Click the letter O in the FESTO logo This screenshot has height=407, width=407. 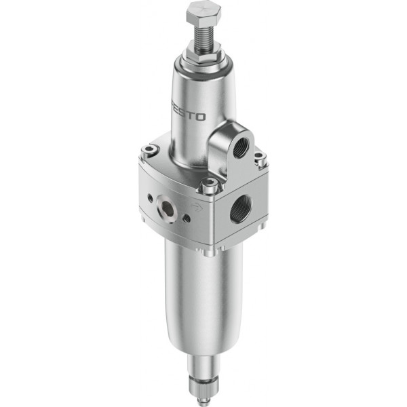(200, 117)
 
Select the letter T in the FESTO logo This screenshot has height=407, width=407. (191, 115)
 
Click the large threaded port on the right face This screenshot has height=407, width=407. (241, 210)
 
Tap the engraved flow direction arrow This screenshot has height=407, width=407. (197, 207)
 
